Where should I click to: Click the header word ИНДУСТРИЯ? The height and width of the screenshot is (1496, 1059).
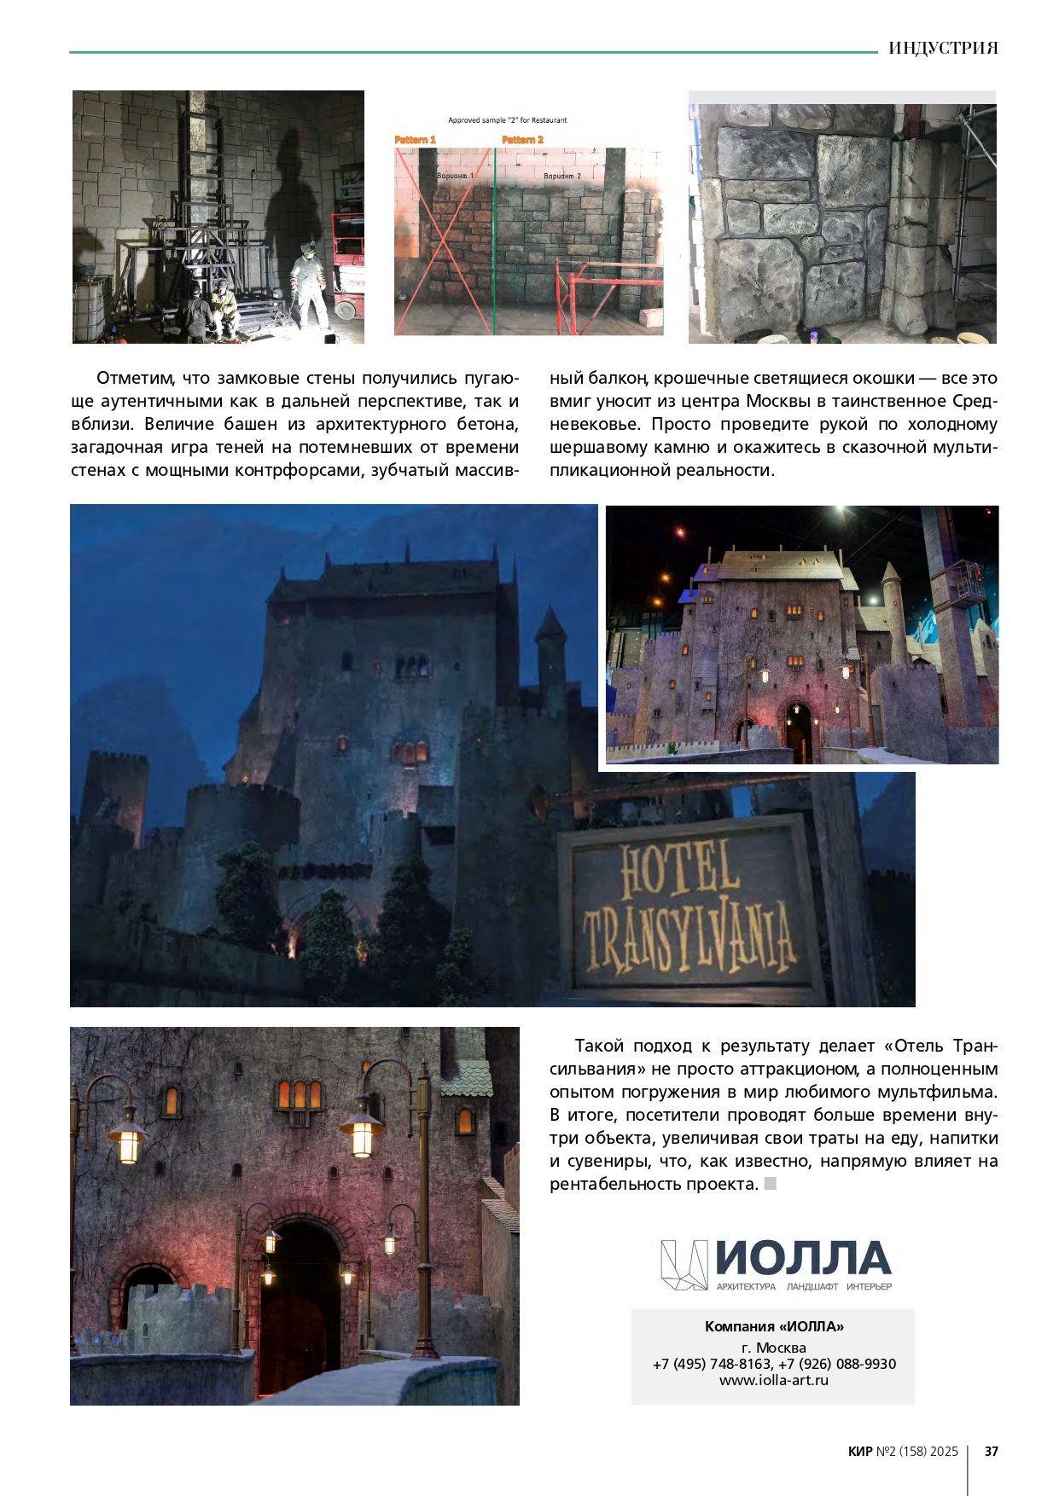tap(943, 48)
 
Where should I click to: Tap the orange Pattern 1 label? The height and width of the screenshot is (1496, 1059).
tap(416, 139)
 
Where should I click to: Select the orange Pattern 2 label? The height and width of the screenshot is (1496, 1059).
tap(522, 139)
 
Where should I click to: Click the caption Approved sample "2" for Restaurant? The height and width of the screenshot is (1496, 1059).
tap(508, 120)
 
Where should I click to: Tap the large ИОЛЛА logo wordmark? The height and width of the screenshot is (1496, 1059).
tap(803, 1258)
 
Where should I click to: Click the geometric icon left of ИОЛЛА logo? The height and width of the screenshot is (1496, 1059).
tap(684, 1264)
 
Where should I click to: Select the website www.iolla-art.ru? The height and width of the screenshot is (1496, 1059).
tap(773, 1380)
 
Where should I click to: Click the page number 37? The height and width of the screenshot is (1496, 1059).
tap(991, 1451)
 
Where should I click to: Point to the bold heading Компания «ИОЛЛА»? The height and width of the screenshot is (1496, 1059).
tap(773, 1326)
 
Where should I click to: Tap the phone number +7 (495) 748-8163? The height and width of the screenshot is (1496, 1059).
tap(712, 1364)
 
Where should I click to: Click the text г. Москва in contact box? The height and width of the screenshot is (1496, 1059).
tap(773, 1348)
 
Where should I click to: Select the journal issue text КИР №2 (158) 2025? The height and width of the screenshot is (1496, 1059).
tap(903, 1451)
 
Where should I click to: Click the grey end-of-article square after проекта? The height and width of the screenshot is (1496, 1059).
tap(771, 1183)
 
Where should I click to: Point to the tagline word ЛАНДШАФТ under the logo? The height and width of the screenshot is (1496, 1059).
tap(812, 1286)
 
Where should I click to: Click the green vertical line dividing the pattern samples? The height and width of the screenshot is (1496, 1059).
tap(494, 239)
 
